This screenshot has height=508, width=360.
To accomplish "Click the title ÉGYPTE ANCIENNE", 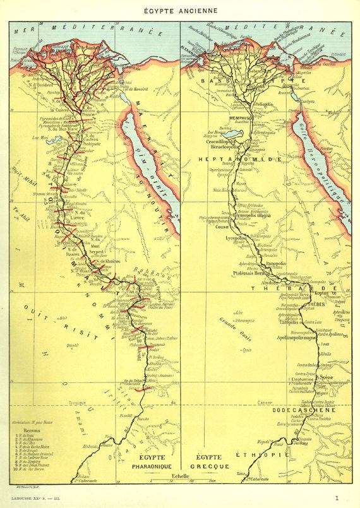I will [180, 10].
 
